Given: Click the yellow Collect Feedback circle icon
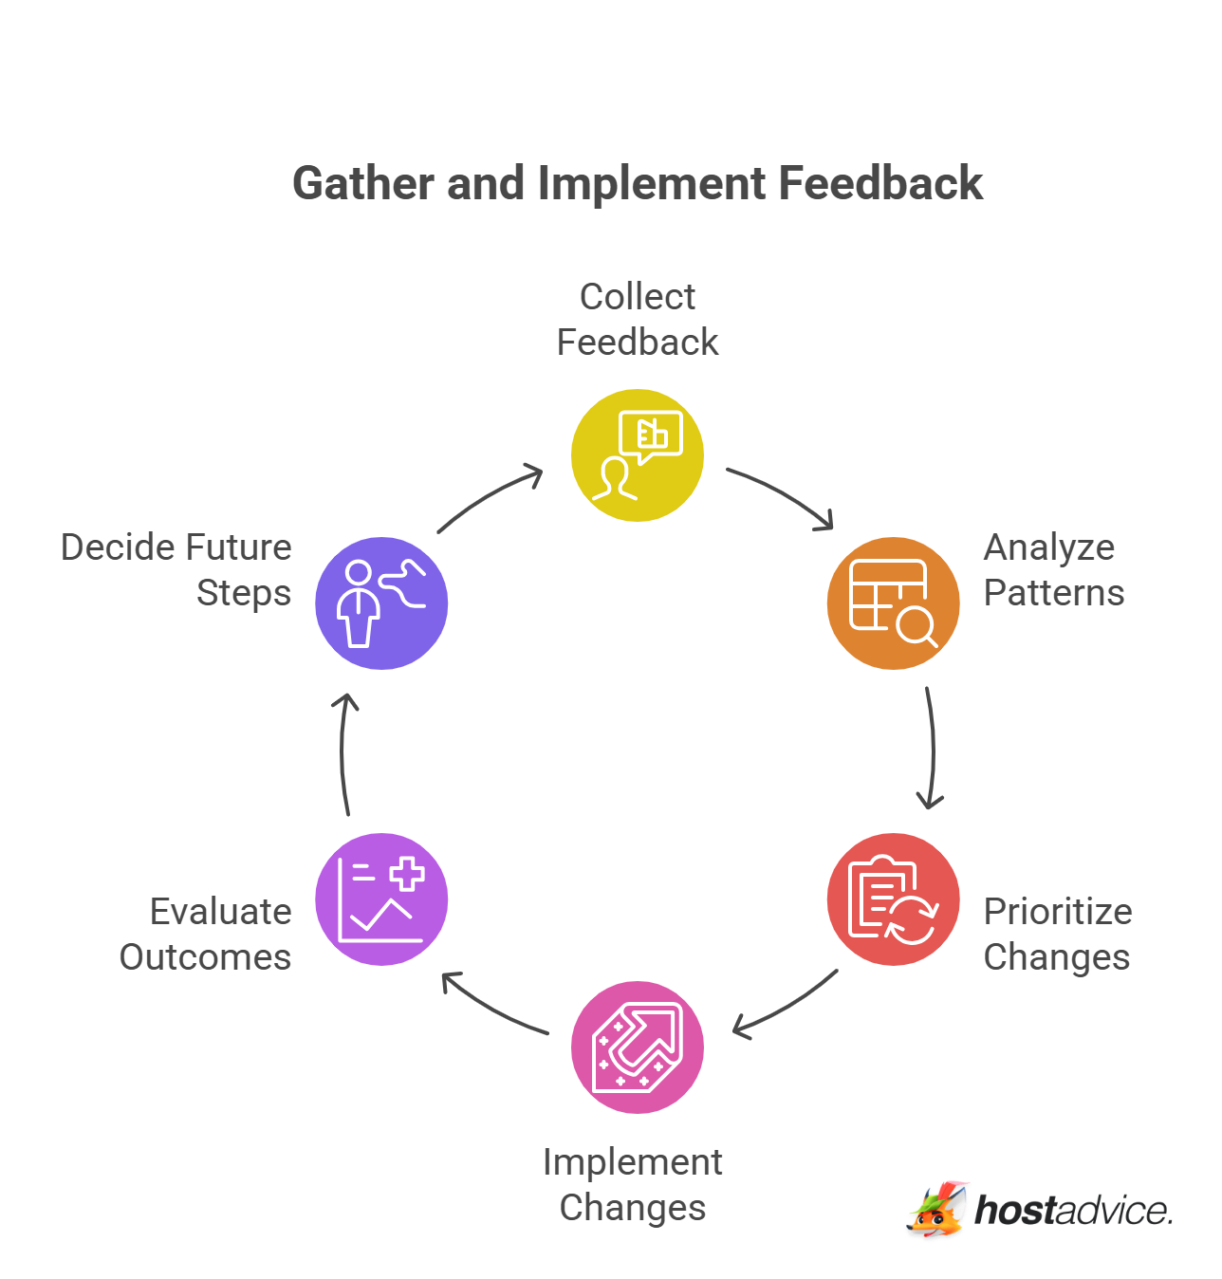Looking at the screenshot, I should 638,455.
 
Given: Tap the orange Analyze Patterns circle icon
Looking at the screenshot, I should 893,603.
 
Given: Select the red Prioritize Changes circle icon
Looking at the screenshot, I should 893,899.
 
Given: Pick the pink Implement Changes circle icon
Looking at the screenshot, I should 638,1047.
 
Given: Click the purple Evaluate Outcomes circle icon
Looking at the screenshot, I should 381,899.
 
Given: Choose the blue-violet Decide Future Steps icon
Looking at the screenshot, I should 381,603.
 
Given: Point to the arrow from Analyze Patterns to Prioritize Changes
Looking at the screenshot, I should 932,750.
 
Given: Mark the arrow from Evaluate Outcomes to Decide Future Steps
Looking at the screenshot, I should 343,753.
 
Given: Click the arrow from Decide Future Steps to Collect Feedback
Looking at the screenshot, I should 490,497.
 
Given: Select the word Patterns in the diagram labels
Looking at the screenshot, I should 1053,593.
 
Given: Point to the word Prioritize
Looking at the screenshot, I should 1058,912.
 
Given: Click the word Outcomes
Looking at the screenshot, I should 205,957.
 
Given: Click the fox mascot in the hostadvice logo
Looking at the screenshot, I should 937,1210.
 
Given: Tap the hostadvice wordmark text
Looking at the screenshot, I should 1074,1211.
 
